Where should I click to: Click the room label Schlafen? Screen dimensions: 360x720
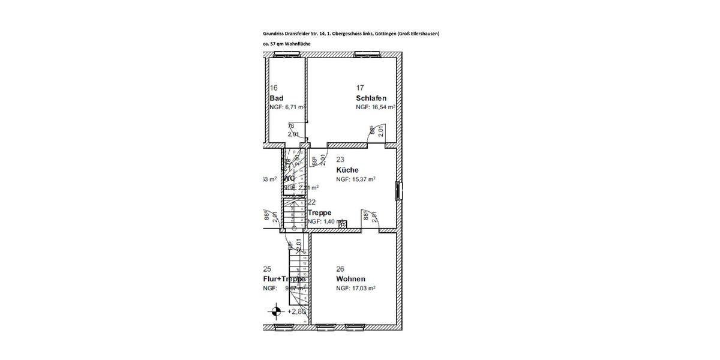click(371, 98)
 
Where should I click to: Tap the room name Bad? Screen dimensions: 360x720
click(277, 98)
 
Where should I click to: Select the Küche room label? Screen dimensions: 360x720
click(347, 170)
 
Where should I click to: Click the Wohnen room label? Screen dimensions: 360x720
click(350, 279)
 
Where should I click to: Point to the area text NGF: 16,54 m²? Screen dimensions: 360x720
click(375, 107)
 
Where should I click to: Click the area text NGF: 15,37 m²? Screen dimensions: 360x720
click(355, 179)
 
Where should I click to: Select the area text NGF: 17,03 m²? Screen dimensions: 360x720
click(355, 289)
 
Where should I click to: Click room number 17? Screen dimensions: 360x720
click(360, 88)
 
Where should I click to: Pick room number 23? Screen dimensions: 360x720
click(340, 160)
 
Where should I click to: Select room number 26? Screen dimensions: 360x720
click(340, 269)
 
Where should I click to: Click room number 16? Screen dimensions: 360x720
click(274, 88)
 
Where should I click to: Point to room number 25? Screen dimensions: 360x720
click(267, 269)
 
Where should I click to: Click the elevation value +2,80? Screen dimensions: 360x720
click(297, 312)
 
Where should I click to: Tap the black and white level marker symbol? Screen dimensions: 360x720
click(276, 311)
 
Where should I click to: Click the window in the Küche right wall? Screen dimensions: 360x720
click(399, 190)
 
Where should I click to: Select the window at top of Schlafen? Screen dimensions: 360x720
click(367, 55)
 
